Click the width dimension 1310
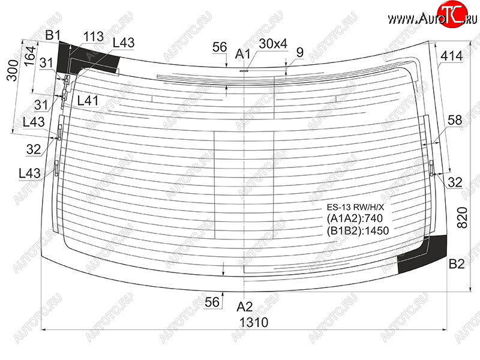tap(253, 322)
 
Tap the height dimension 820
tap(462, 218)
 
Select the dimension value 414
tap(452, 56)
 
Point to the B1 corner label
tap(53, 35)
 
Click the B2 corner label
tap(457, 264)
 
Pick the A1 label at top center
tap(242, 54)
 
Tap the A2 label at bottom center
tap(245, 307)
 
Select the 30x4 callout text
tap(273, 44)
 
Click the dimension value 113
tap(94, 37)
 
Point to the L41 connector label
tap(88, 100)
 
